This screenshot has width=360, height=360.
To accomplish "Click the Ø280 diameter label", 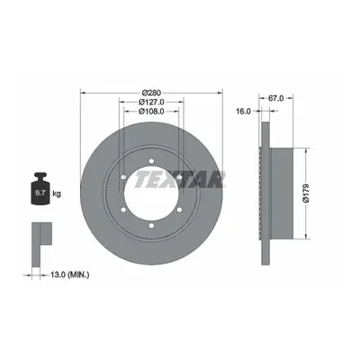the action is coord(151,93).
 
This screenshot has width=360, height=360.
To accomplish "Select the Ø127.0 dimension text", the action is coord(151,102).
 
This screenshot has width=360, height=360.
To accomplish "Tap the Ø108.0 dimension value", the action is coord(151,112).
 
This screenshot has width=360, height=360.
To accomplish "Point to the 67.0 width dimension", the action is coord(275,98).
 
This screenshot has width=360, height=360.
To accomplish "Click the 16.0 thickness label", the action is coord(243,112).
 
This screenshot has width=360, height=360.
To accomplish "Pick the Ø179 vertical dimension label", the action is coord(306,193).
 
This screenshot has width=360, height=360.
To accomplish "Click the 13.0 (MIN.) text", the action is coord(69,274).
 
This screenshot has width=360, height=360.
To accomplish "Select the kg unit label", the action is coord(57,193).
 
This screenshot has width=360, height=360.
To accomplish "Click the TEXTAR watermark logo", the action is coord(179,179).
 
